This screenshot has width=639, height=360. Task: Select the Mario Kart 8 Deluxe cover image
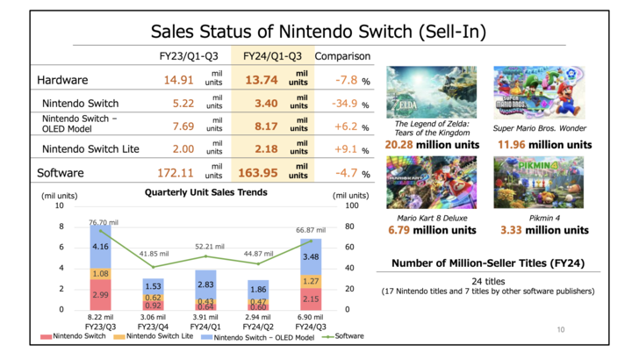pos(419,181)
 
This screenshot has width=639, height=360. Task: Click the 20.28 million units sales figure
pos(419,144)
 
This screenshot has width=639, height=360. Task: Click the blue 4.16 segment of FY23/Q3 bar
pos(100,248)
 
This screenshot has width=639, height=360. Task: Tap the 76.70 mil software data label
pos(103,222)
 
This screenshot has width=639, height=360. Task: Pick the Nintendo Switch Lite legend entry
pos(154,335)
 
